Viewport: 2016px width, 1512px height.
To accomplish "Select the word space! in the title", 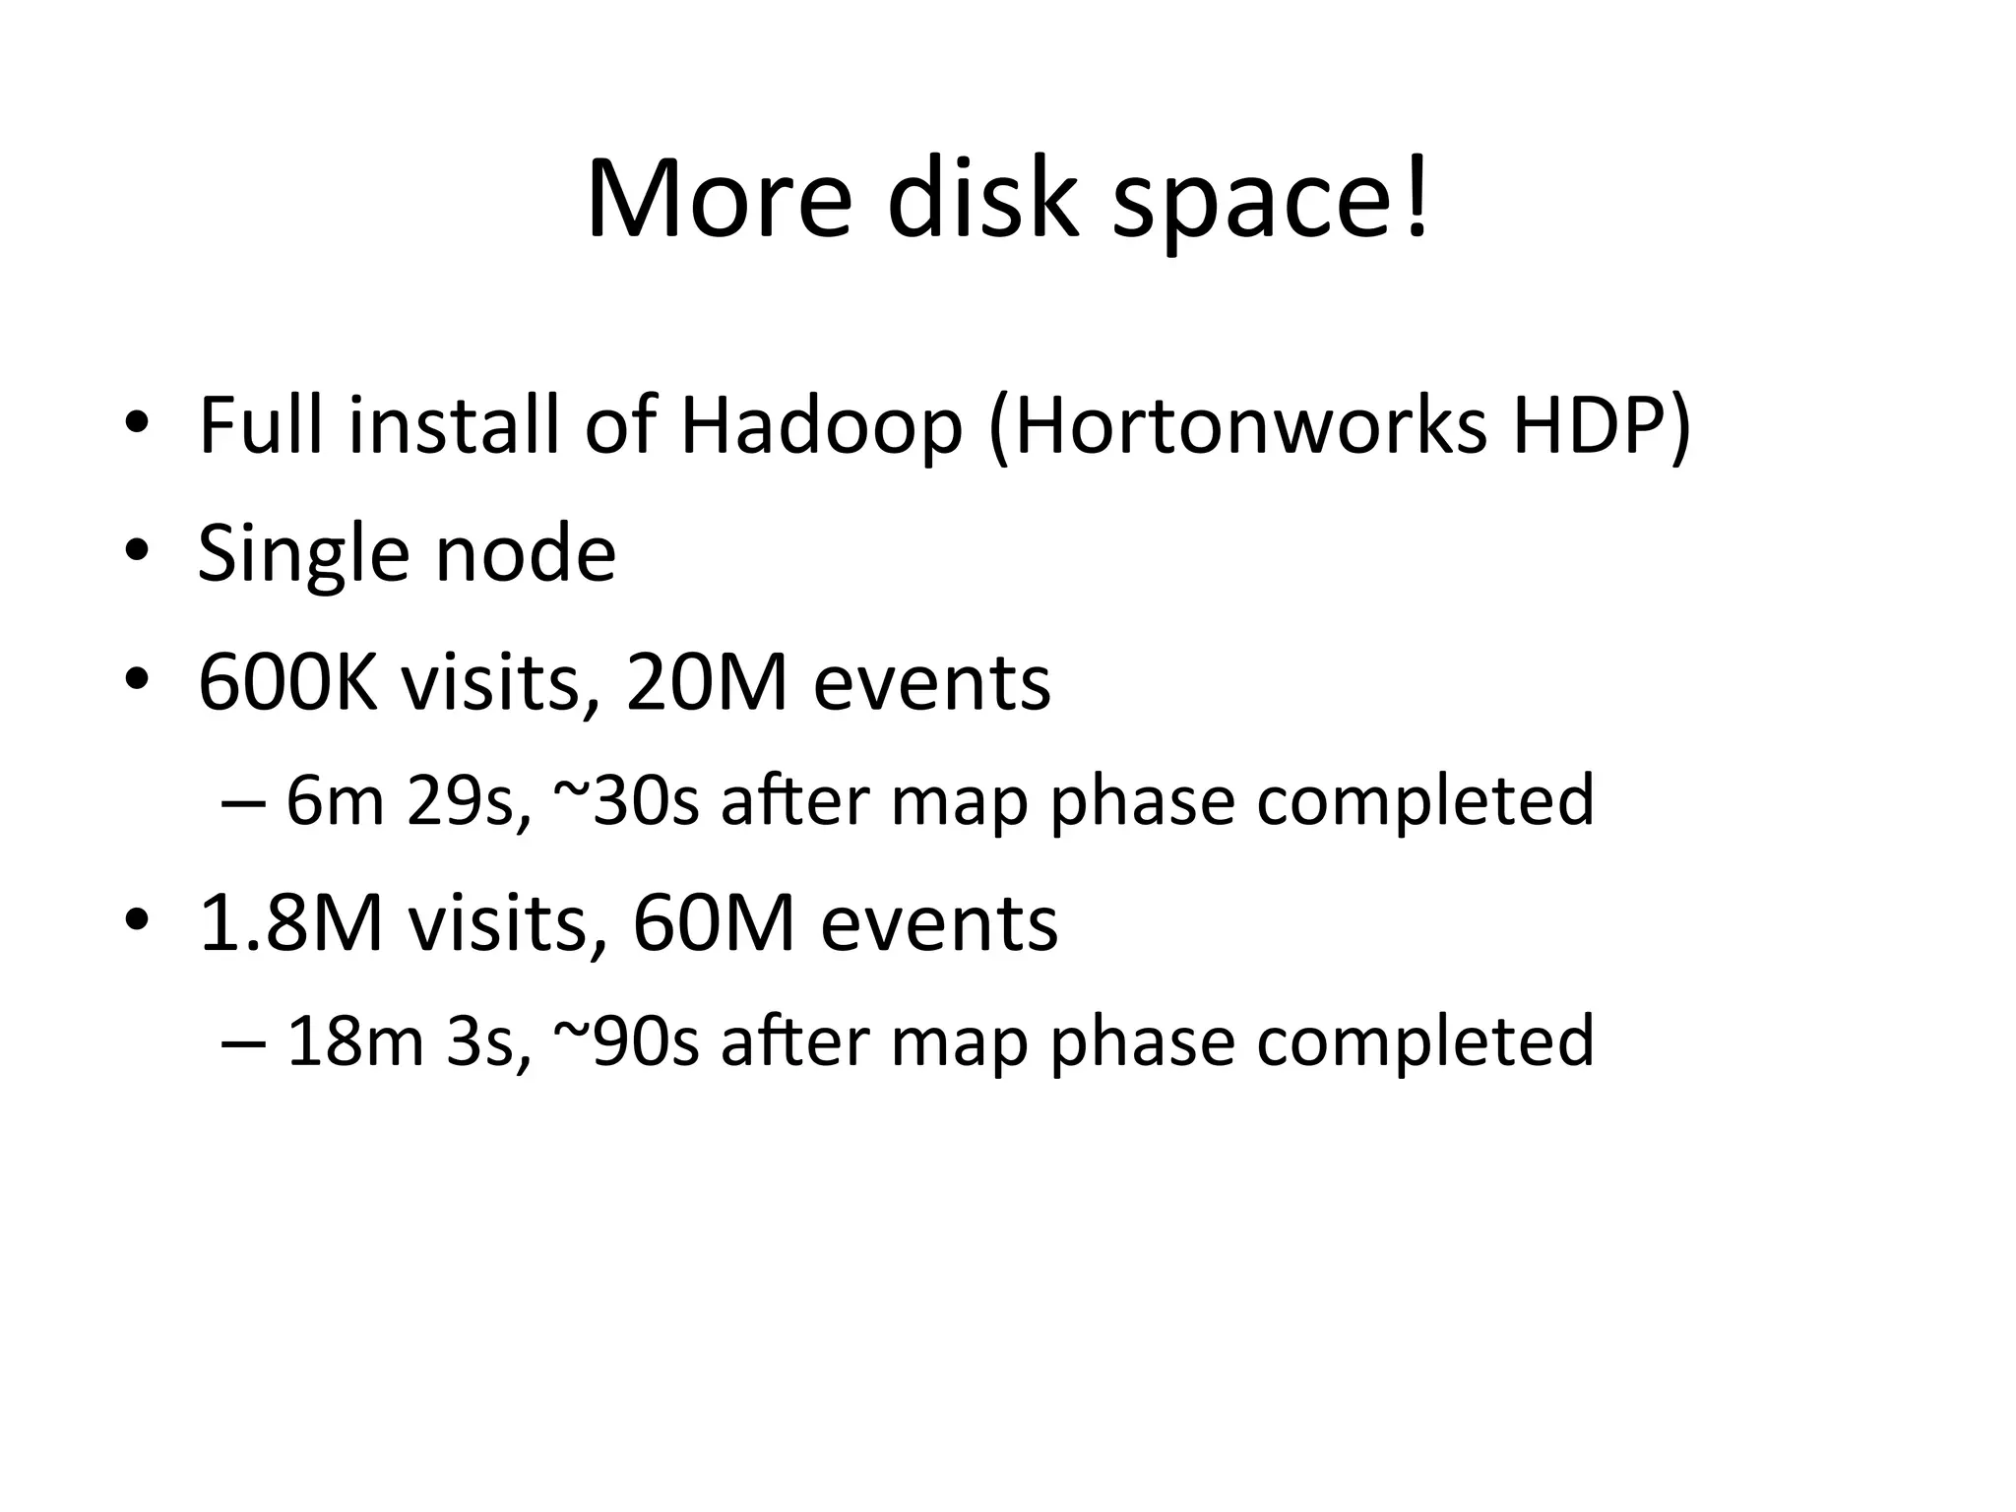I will pyautogui.click(x=1270, y=207).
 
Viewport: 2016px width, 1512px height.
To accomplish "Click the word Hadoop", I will pyautogui.click(x=821, y=425).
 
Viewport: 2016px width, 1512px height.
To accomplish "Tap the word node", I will pyautogui.click(x=526, y=553).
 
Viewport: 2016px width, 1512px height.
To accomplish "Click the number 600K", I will pyautogui.click(x=287, y=682).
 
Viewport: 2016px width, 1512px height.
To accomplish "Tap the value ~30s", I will pyautogui.click(x=627, y=800).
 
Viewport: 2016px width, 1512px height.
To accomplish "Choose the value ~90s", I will pyautogui.click(x=627, y=1041).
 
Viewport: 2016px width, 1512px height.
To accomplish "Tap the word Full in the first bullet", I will pyautogui.click(x=260, y=425).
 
